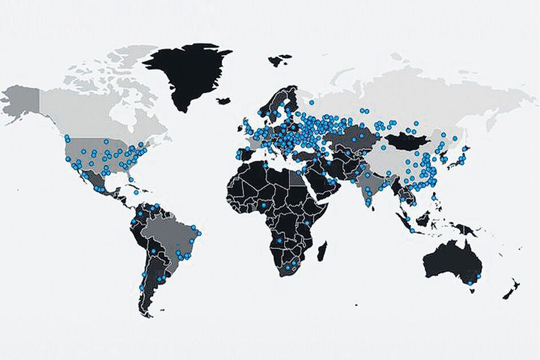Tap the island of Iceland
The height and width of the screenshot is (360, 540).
(x=223, y=101)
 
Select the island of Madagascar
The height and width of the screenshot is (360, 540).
(x=322, y=250)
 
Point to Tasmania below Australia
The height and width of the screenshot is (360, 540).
(x=472, y=290)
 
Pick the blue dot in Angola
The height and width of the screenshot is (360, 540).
(x=279, y=241)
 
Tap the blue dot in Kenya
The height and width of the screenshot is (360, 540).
(x=307, y=222)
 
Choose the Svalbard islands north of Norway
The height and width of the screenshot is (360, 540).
(x=279, y=59)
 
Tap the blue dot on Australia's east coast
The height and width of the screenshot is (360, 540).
(x=479, y=277)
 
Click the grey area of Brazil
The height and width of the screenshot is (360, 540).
(x=169, y=234)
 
